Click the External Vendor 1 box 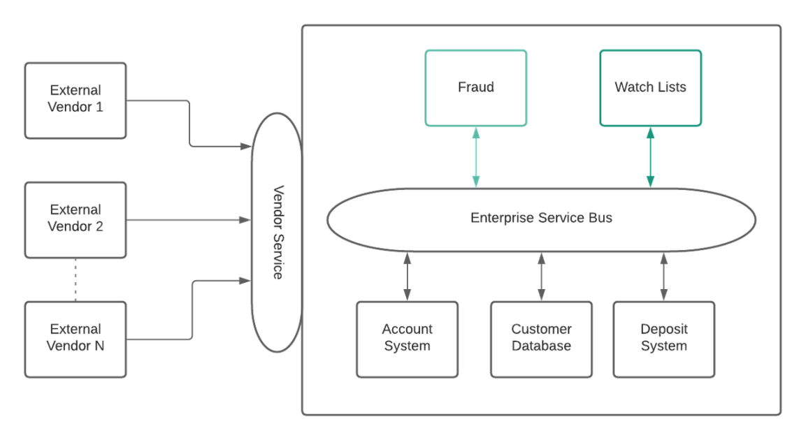click(x=75, y=99)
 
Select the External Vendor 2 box click(x=75, y=219)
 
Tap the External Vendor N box click(x=75, y=338)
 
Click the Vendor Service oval click(x=277, y=233)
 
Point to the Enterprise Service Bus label click(x=541, y=218)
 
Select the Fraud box click(x=475, y=87)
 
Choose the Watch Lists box click(x=650, y=87)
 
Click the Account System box click(x=407, y=339)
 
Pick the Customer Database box click(x=541, y=339)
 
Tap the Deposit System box click(x=663, y=339)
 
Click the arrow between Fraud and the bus click(x=476, y=157)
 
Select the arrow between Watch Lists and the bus click(x=651, y=157)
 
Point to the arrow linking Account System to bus click(x=407, y=277)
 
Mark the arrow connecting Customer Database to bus click(x=541, y=277)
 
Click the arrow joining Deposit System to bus click(x=663, y=277)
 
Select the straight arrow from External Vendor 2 click(x=189, y=220)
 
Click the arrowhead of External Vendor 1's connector click(x=245, y=147)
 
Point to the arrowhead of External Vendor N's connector click(x=245, y=280)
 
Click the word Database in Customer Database click(x=541, y=346)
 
